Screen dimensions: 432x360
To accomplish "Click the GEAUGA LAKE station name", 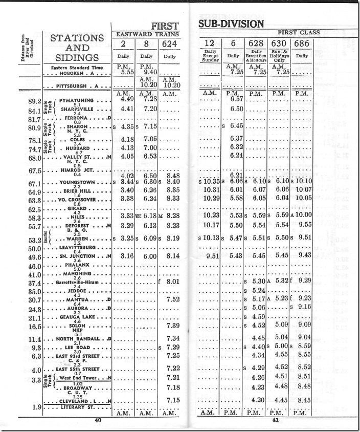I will [x=76, y=317].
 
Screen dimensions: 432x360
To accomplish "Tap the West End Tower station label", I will [x=78, y=378].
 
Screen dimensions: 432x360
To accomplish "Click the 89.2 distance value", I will [x=35, y=101].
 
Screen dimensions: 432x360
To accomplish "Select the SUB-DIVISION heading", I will [x=231, y=24].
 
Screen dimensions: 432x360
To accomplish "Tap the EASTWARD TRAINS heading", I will [x=146, y=34].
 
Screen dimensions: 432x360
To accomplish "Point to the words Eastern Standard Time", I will [x=77, y=68].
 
